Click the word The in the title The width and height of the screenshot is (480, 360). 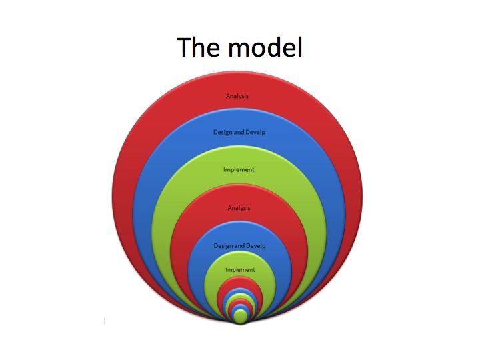(x=198, y=47)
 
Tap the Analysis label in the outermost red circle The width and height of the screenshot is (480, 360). (x=237, y=96)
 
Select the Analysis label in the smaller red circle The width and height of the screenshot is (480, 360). (x=239, y=208)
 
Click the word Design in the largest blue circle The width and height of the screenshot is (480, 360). (x=223, y=131)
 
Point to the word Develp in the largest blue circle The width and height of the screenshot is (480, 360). (x=256, y=131)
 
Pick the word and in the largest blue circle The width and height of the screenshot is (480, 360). (x=239, y=131)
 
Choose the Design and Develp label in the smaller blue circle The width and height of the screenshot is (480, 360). (x=239, y=246)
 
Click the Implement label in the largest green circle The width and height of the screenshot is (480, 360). (x=239, y=169)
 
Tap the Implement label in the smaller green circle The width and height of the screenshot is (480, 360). (x=240, y=270)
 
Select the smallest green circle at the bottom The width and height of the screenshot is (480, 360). (x=241, y=316)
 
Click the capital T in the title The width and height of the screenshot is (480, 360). (x=185, y=47)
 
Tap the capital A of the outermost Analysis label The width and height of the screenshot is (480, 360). (x=228, y=96)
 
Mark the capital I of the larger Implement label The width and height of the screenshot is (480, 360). (x=224, y=169)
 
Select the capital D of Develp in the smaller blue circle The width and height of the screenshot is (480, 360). (x=248, y=246)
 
